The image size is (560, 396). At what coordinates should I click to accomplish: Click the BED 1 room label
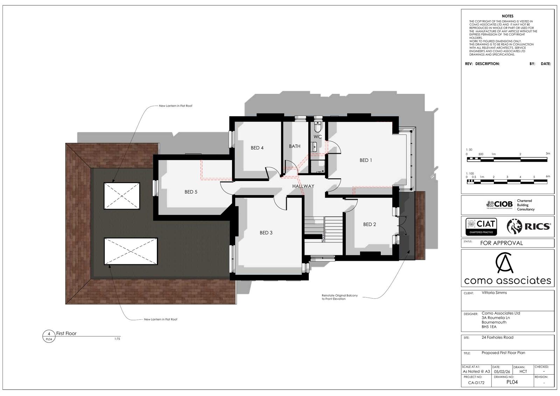pyautogui.click(x=365, y=160)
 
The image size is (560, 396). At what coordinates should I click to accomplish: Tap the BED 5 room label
pyautogui.click(x=191, y=192)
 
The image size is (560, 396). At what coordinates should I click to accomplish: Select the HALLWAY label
pyautogui.click(x=303, y=186)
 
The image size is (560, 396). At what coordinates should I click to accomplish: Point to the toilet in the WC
pyautogui.click(x=317, y=127)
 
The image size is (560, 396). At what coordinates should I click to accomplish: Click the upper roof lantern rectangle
pyautogui.click(x=122, y=196)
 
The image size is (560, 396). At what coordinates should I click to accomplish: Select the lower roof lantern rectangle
pyautogui.click(x=131, y=251)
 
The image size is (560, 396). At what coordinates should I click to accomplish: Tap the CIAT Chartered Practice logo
pyautogui.click(x=481, y=227)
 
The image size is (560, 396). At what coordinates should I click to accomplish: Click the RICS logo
pyautogui.click(x=528, y=227)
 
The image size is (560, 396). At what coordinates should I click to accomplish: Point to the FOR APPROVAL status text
pyautogui.click(x=501, y=243)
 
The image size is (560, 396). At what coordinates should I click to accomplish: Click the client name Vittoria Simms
pyautogui.click(x=494, y=292)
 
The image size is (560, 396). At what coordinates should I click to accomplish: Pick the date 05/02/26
pyautogui.click(x=502, y=372)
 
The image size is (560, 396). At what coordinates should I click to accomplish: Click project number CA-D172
pyautogui.click(x=476, y=382)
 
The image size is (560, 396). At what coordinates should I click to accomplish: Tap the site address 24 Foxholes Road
pyautogui.click(x=497, y=337)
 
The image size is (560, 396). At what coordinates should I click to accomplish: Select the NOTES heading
pyautogui.click(x=507, y=16)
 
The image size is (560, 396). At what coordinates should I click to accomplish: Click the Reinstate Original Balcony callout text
pyautogui.click(x=339, y=297)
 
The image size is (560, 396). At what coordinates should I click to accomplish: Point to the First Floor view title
pyautogui.click(x=66, y=333)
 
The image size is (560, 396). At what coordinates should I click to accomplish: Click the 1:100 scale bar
pyautogui.click(x=507, y=182)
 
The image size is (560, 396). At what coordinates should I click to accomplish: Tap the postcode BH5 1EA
pyautogui.click(x=489, y=327)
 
